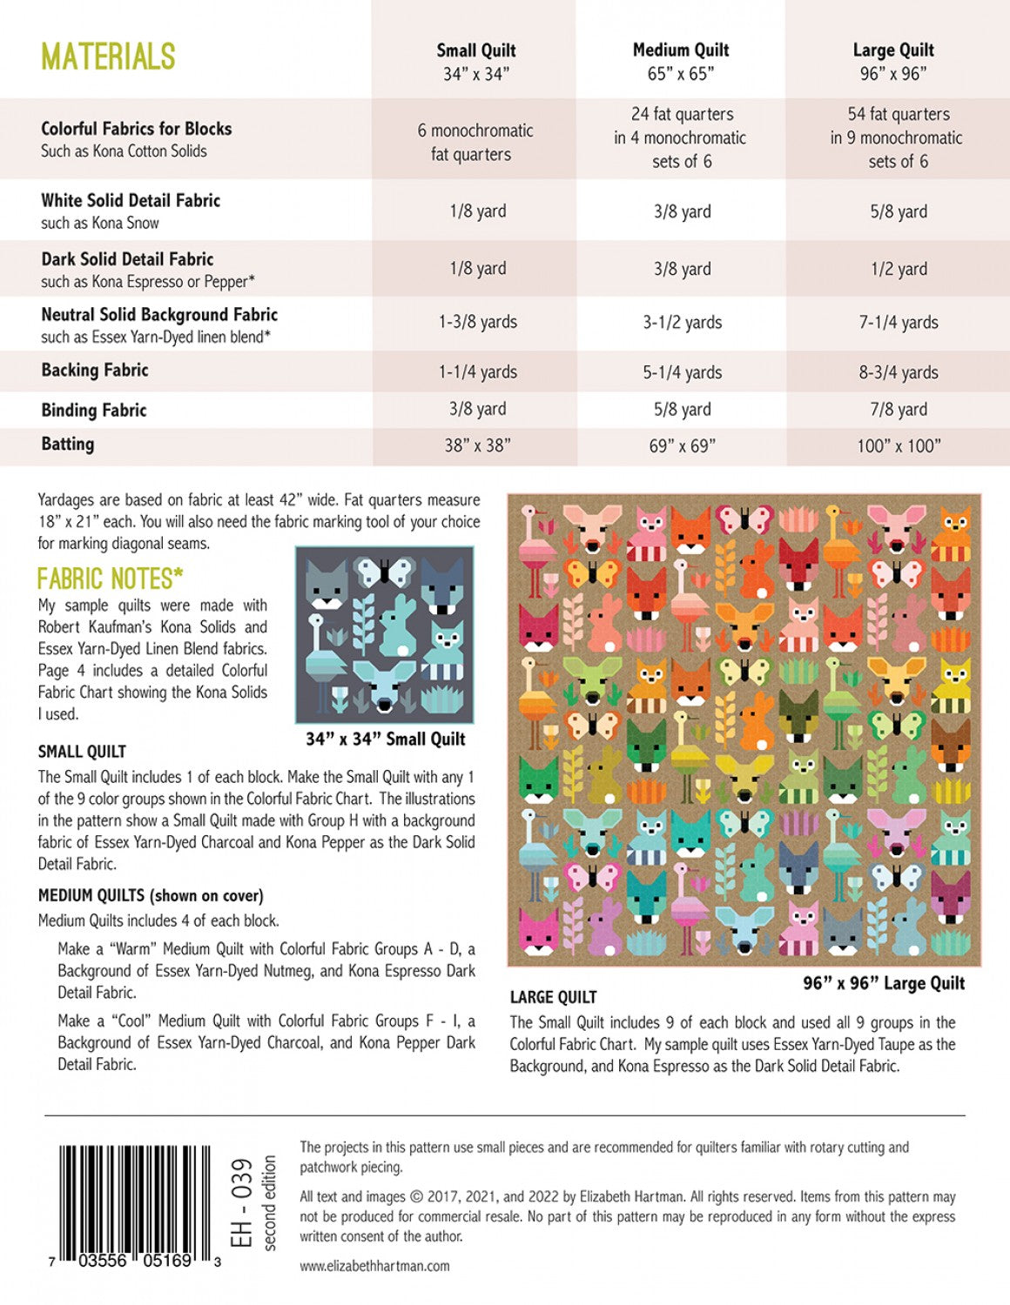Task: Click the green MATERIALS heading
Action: (x=108, y=57)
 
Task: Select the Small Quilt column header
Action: (x=475, y=62)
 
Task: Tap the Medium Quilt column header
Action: (x=681, y=62)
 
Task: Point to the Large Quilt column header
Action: (x=893, y=62)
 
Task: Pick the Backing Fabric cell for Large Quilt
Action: (x=899, y=372)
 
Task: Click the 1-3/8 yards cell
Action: (x=477, y=322)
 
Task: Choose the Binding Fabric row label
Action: (x=94, y=410)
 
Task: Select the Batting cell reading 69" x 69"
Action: (x=682, y=445)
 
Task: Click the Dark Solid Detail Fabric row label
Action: (x=127, y=259)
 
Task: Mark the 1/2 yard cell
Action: (x=899, y=269)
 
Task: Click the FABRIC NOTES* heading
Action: (x=110, y=579)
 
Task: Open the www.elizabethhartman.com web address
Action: (x=375, y=1266)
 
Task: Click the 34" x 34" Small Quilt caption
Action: (x=385, y=739)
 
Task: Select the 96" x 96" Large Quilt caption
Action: (x=884, y=983)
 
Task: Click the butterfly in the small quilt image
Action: (x=383, y=572)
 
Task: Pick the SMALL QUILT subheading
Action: (x=82, y=752)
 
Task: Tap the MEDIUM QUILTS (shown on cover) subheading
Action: (x=151, y=895)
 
